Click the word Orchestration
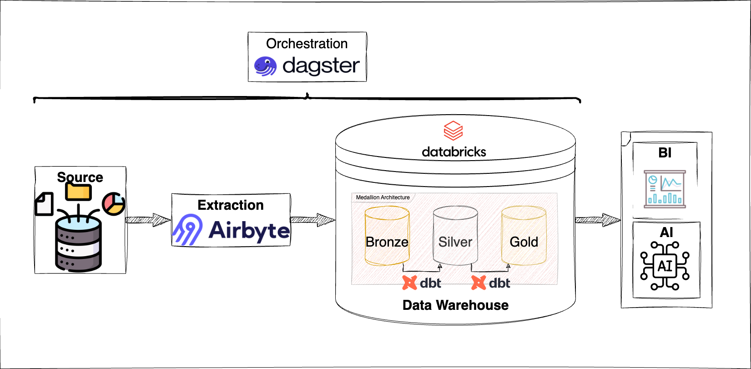(x=307, y=44)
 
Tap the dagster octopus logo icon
(x=265, y=66)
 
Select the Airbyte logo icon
(x=188, y=230)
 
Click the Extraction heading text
(x=231, y=205)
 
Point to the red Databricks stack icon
(x=453, y=131)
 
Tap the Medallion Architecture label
(x=383, y=197)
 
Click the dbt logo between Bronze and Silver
(x=422, y=283)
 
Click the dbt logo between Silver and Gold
(x=491, y=283)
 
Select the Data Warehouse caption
(x=455, y=305)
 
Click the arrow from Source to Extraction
(x=148, y=220)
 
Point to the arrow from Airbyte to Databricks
(x=312, y=220)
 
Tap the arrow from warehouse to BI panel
(x=598, y=220)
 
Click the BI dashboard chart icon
(x=665, y=189)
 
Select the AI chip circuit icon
(x=665, y=266)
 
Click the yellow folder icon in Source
(x=78, y=192)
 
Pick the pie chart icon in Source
(x=113, y=203)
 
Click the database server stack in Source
(x=78, y=243)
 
